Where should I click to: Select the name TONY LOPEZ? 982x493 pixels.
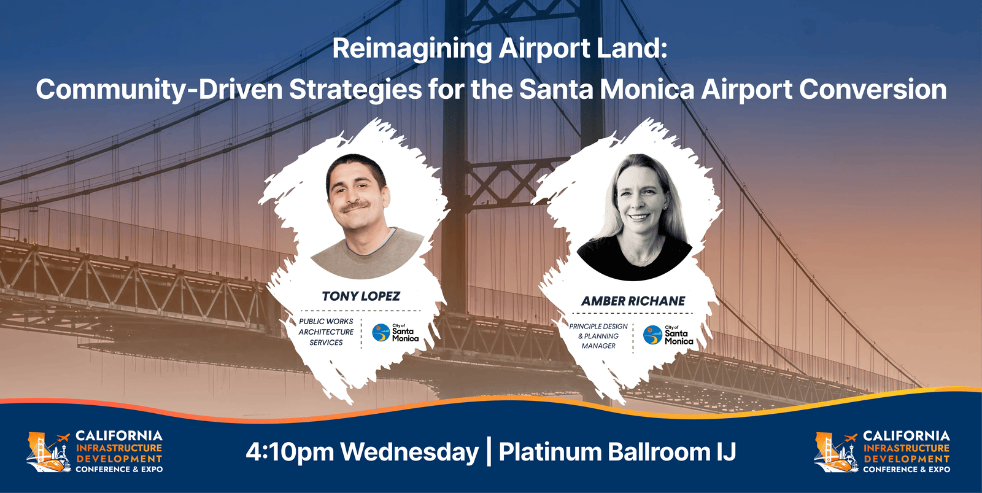[x=361, y=296]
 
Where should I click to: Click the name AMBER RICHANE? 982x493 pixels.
[x=633, y=301]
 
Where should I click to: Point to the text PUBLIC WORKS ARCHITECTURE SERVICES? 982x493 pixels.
[x=326, y=332]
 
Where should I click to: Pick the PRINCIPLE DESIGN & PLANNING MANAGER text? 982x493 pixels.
[x=598, y=336]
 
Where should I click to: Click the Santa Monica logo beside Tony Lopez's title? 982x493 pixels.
[x=396, y=333]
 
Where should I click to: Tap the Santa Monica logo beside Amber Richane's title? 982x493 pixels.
[x=668, y=335]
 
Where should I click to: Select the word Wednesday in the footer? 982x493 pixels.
[x=409, y=452]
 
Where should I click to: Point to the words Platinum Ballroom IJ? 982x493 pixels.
[x=617, y=452]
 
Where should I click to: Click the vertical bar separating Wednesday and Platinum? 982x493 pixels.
[x=489, y=452]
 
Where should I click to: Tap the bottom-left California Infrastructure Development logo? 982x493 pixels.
[x=95, y=452]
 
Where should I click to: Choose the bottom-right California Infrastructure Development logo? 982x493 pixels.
[x=882, y=452]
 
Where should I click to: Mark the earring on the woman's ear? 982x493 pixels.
[x=666, y=208]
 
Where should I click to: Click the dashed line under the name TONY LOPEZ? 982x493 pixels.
[x=360, y=311]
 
